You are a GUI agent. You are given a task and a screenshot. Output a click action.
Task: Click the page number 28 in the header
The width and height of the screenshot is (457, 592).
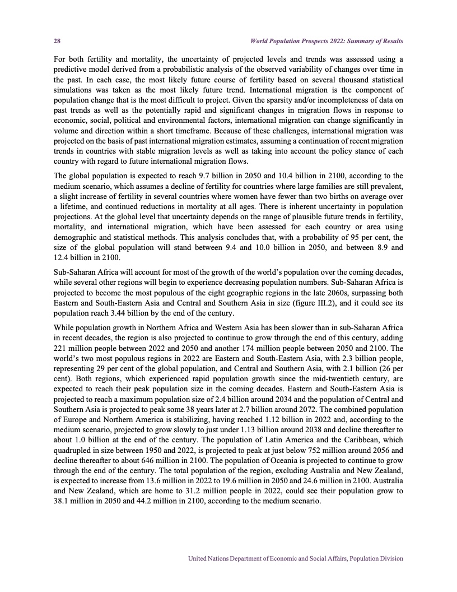point(57,41)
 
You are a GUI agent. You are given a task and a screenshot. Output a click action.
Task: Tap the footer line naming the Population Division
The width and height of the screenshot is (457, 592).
point(296,558)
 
